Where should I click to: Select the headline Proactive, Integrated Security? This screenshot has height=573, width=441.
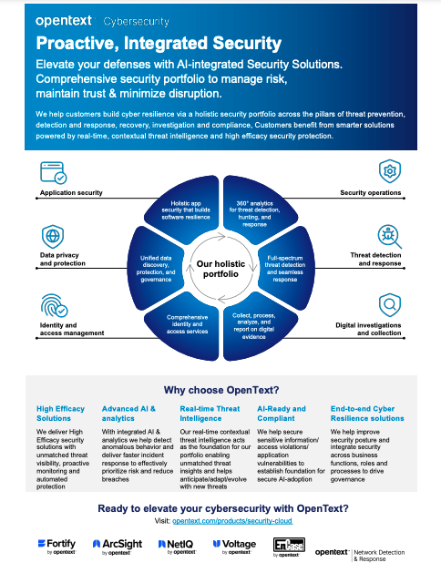click(159, 43)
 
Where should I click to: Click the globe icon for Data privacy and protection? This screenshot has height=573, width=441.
click(53, 235)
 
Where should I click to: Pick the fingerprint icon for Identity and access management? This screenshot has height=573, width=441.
click(53, 304)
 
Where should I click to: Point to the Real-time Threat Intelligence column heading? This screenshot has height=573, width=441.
click(210, 414)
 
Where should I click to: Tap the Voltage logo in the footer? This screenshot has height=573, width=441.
click(233, 547)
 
